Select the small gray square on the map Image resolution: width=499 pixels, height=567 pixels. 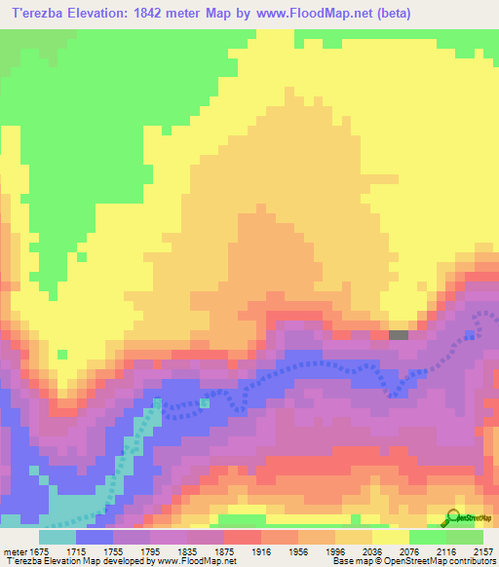click(x=399, y=334)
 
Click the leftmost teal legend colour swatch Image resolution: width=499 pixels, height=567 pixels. click(x=58, y=536)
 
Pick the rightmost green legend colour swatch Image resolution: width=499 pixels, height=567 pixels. click(x=465, y=536)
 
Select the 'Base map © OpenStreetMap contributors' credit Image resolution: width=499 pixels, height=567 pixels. click(x=411, y=561)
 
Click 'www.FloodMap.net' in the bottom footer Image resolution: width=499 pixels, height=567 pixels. click(x=183, y=561)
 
